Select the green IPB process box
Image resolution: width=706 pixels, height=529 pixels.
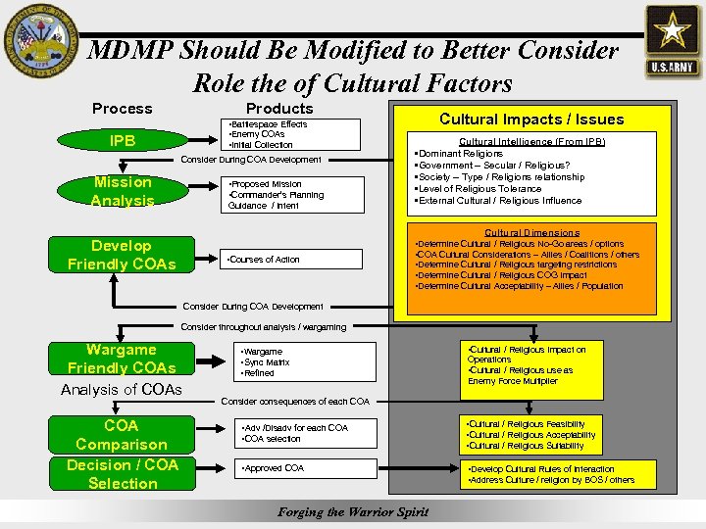(122, 139)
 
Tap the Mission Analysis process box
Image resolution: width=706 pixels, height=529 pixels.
(122, 191)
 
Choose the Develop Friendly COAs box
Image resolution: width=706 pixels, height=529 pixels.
(122, 255)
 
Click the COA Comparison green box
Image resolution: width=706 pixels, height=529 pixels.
(122, 435)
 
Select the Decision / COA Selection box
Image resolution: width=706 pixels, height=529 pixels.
(122, 474)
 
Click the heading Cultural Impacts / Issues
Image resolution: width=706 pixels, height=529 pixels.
(530, 120)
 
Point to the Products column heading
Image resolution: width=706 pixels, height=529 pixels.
(279, 109)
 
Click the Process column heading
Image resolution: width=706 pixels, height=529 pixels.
(122, 109)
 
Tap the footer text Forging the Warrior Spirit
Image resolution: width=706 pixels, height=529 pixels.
(353, 512)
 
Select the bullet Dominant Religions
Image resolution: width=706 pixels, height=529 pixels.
(461, 154)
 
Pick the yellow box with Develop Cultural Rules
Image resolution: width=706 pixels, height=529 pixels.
(555, 474)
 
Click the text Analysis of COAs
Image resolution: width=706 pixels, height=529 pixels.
(122, 390)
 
